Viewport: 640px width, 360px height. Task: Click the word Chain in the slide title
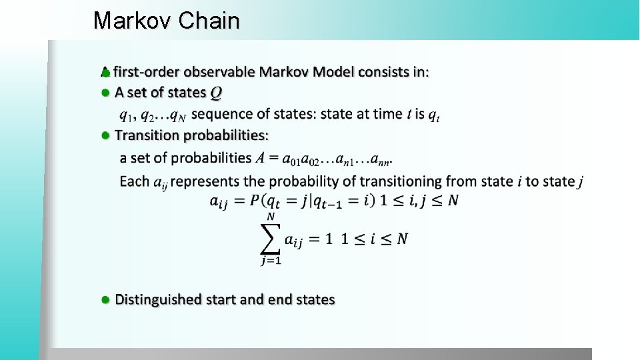tap(209, 21)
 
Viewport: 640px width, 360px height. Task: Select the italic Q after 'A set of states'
tap(216, 93)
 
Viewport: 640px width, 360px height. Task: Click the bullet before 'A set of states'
tap(105, 93)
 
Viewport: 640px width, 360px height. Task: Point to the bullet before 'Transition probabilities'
tap(105, 135)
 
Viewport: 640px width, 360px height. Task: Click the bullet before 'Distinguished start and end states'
tap(105, 300)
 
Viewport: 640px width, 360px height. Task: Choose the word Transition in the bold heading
tap(147, 135)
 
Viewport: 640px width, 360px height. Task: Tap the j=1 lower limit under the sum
tap(271, 261)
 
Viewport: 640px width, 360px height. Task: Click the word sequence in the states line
tap(220, 114)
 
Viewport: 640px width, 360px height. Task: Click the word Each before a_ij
tap(134, 181)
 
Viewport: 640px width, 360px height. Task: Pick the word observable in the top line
tap(219, 71)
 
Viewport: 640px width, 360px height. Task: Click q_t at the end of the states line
tap(433, 115)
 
